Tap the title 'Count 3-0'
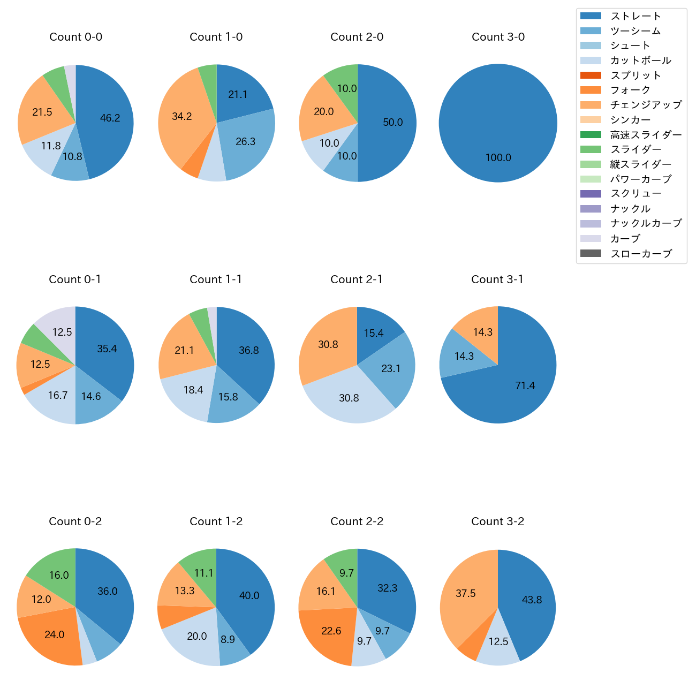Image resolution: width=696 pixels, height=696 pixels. pos(498,37)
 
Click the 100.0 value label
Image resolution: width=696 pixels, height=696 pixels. pos(498,158)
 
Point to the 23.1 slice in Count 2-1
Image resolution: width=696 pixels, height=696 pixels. pos(391,368)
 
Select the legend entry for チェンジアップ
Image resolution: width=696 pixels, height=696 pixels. pos(646,105)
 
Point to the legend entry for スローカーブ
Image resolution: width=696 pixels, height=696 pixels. pos(641,254)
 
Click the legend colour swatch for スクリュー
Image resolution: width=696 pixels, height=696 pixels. pos(591,194)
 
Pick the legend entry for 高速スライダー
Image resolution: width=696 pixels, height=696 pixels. pos(646,135)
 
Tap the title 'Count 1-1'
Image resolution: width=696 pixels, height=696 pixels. pos(216,279)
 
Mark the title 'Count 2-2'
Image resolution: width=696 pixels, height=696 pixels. pos(357,521)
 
